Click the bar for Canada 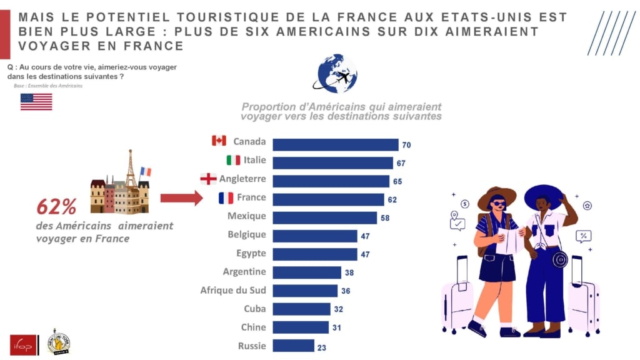[335, 144]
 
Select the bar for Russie [293, 346]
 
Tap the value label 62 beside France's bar [392, 200]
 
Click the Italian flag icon [233, 160]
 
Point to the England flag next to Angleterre [208, 179]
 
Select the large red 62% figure [56, 206]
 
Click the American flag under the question [36, 102]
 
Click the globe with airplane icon [336, 74]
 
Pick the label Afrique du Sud [233, 290]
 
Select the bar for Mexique [324, 217]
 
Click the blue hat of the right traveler [543, 195]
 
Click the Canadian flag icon [219, 141]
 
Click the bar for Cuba [301, 309]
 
